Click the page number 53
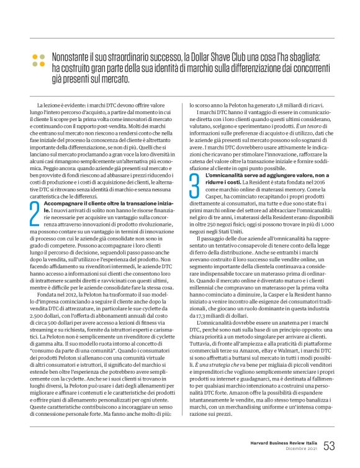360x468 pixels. [329, 446]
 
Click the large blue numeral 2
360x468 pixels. [34, 211]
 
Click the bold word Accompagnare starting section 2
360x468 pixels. [65, 204]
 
